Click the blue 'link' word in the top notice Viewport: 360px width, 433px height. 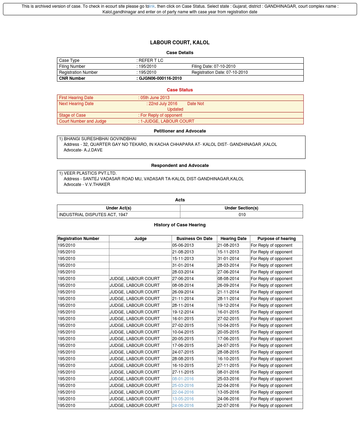coord(152,6)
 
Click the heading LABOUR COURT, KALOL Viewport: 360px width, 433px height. coord(180,43)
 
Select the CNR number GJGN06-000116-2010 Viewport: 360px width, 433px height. coord(160,78)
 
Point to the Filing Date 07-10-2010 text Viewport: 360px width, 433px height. coord(213,66)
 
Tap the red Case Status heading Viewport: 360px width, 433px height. coord(180,90)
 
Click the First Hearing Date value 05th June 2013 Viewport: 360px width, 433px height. coord(155,98)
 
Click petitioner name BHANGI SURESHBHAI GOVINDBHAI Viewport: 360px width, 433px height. coord(100,139)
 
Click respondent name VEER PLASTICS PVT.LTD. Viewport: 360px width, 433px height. coord(90,173)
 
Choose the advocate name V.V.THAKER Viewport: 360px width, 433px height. coord(97,185)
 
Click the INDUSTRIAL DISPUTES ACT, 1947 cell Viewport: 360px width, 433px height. coord(93,215)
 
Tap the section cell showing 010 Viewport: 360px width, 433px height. coord(242,215)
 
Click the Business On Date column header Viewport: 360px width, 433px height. coord(194,239)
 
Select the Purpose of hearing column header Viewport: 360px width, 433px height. coord(276,239)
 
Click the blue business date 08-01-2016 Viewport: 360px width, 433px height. coord(183,379)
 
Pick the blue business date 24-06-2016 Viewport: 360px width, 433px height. coord(183,406)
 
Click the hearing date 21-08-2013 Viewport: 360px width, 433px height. coord(228,245)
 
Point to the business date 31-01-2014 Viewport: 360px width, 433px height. coord(183,265)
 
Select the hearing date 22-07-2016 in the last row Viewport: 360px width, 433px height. coord(228,406)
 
